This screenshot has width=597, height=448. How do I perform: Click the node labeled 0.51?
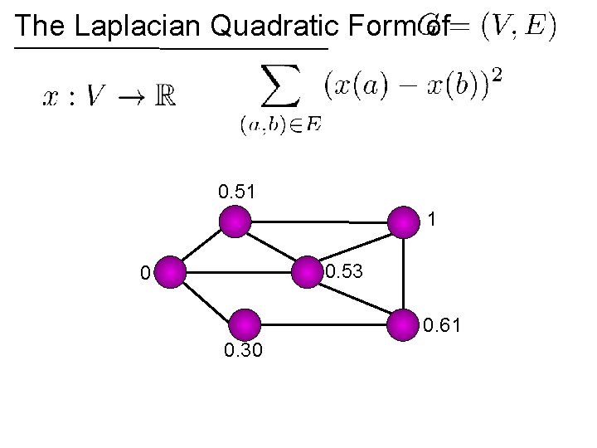click(x=235, y=222)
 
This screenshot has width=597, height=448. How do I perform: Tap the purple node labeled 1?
click(x=404, y=222)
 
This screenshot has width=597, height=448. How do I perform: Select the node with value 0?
click(x=170, y=271)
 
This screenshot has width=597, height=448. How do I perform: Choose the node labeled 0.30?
click(x=245, y=324)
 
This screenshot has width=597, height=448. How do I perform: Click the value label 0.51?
click(x=236, y=192)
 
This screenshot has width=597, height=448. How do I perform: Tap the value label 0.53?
click(x=343, y=271)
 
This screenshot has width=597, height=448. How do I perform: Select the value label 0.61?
click(x=442, y=333)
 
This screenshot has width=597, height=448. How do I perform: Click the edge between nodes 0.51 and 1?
click(x=319, y=222)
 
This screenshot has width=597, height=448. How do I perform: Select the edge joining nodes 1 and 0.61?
click(x=404, y=274)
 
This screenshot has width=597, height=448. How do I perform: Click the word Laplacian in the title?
click(x=138, y=27)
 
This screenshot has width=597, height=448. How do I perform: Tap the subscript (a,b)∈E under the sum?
click(x=280, y=125)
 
